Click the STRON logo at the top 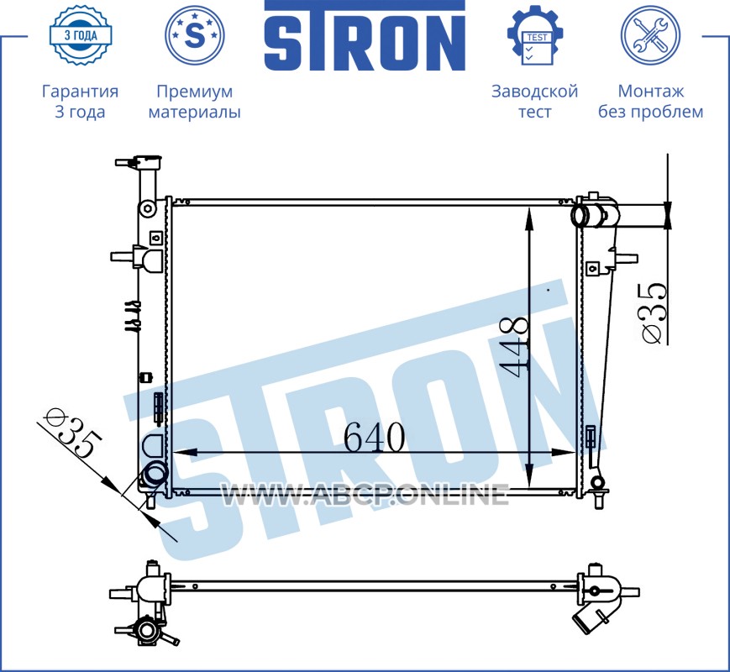click(365, 36)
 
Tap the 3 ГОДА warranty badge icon click(81, 35)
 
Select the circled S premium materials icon click(195, 35)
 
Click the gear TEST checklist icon click(535, 35)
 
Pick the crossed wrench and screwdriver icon click(650, 35)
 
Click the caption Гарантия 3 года click(80, 102)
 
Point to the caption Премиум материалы click(195, 102)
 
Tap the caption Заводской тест click(535, 102)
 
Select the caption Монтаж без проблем click(650, 102)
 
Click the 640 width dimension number click(375, 438)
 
